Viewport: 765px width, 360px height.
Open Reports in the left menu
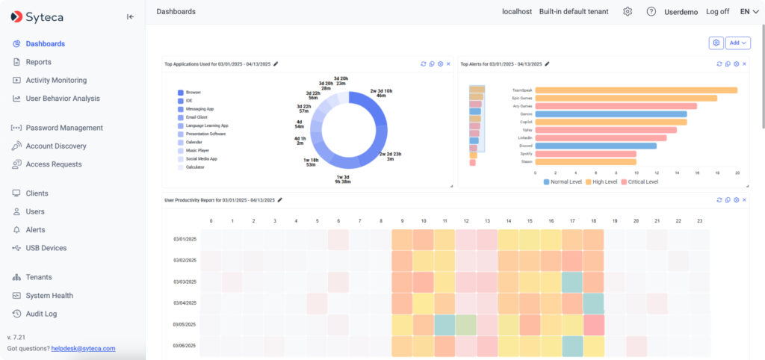tap(38, 62)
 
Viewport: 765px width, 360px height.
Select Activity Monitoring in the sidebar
tap(56, 80)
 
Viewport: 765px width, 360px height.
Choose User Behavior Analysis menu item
tap(63, 98)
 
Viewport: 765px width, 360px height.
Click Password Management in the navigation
tap(64, 128)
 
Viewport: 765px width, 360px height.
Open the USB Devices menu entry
tap(46, 248)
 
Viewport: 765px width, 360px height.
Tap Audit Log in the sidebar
tap(41, 314)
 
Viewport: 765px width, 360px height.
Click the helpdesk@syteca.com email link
tap(83, 348)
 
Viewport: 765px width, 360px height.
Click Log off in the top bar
tap(717, 12)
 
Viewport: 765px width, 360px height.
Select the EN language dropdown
tap(749, 12)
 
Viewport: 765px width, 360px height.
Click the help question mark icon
tap(651, 12)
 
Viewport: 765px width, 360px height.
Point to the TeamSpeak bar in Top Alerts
tap(636, 90)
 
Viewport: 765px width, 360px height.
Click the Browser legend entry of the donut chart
tap(193, 93)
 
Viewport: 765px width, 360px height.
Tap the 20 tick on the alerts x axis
tap(737, 172)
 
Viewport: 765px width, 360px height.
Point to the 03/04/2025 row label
tap(185, 302)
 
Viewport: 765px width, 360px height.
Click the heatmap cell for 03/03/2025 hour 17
tap(572, 282)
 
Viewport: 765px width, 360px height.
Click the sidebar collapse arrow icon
tap(130, 16)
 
